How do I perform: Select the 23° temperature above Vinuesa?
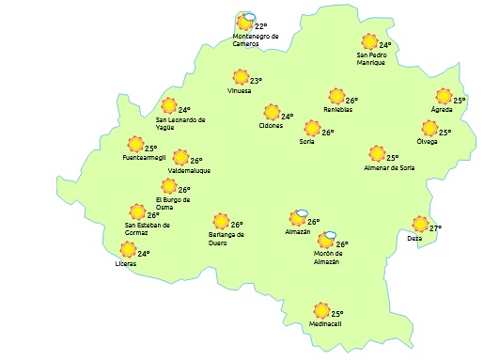point(256,81)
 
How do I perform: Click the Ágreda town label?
point(442,110)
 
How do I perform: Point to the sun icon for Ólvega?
point(429,129)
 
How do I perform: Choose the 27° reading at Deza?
point(435,227)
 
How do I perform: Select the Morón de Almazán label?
point(327,258)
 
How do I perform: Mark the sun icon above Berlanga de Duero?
point(221,222)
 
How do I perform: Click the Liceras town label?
point(125,263)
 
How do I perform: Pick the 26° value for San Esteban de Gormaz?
point(152,215)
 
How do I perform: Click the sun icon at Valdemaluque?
point(181,159)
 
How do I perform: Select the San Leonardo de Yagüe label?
point(180,123)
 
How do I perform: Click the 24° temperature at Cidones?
point(288,117)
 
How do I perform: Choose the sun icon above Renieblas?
point(336,96)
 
